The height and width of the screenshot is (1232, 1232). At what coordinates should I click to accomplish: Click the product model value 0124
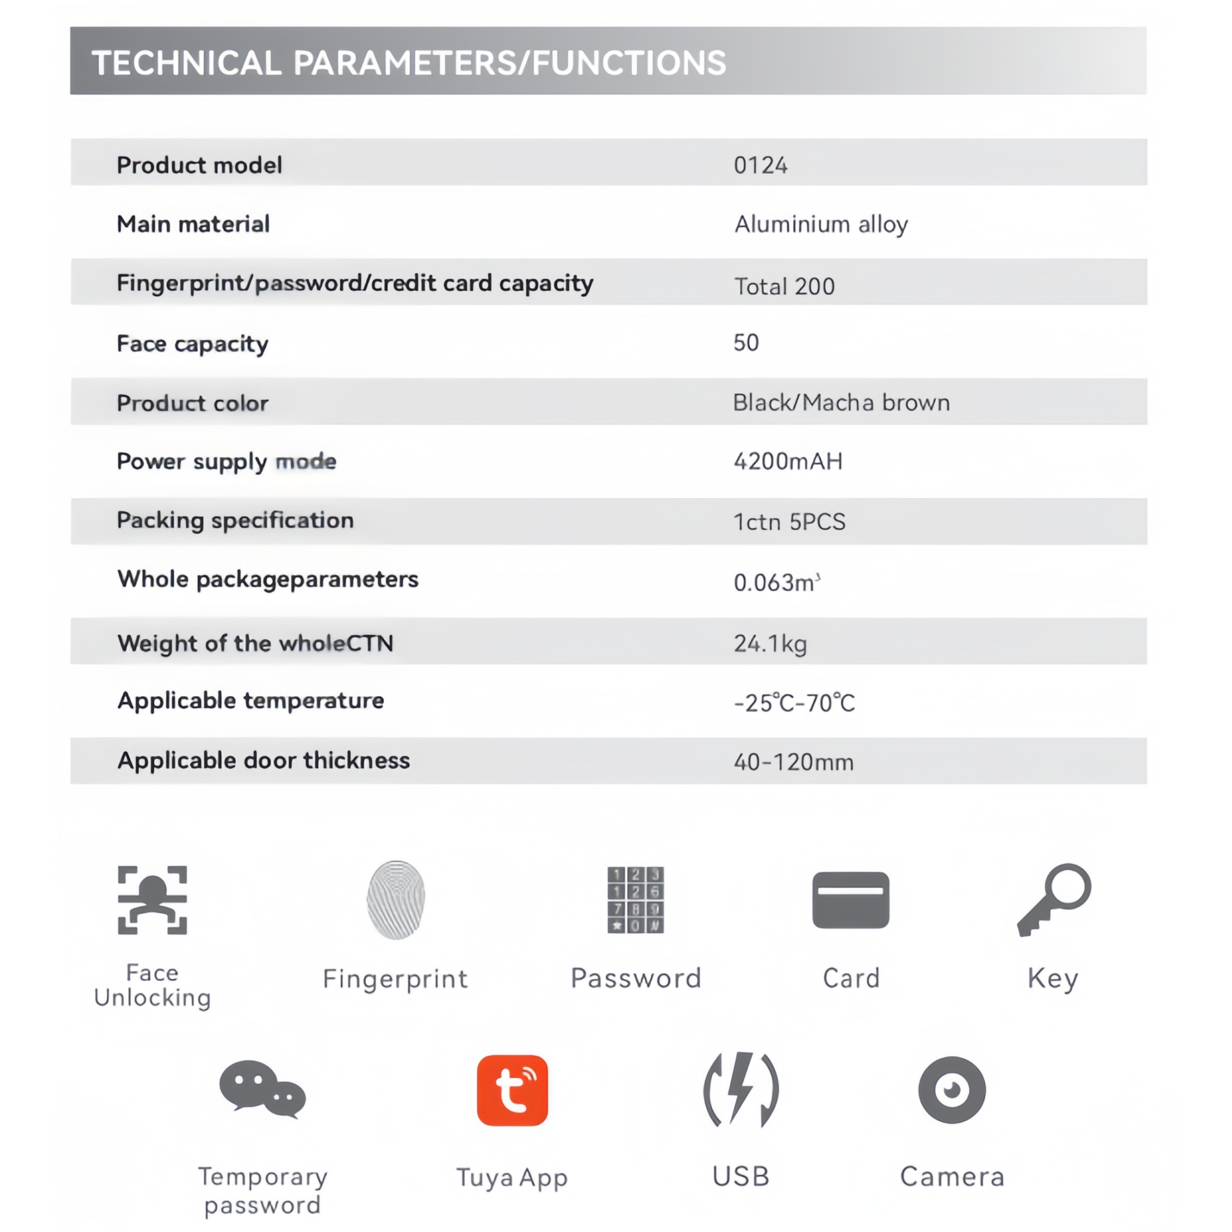[760, 166]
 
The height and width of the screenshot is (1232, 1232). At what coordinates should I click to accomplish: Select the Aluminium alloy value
[821, 225]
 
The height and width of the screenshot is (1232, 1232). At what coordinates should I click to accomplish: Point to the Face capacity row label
[192, 343]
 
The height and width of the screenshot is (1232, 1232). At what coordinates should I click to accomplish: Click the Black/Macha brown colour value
[841, 403]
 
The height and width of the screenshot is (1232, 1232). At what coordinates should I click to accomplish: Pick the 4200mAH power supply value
[787, 461]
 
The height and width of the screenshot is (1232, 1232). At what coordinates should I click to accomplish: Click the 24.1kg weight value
[770, 643]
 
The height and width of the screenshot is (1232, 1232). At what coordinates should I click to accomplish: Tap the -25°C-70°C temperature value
[794, 703]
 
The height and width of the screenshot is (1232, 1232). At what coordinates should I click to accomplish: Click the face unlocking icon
[153, 900]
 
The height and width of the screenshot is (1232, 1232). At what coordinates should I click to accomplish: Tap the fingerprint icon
[396, 900]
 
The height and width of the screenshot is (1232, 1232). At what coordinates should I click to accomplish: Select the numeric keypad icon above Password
[635, 900]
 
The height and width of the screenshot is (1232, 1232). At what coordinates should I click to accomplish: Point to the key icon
[1054, 899]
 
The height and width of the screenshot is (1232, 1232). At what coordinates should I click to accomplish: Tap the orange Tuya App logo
[512, 1091]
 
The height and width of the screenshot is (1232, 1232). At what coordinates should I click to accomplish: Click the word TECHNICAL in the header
[186, 62]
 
